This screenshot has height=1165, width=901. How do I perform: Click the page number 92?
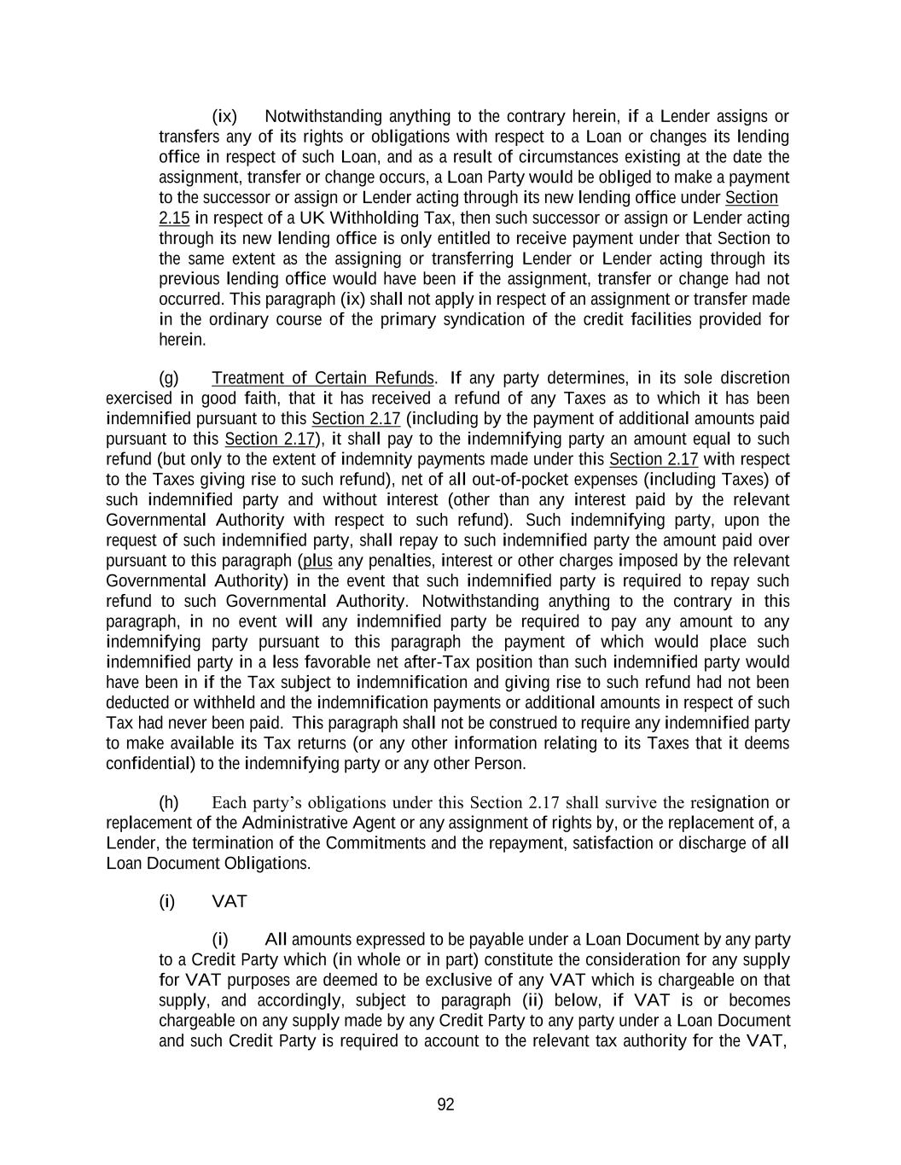445,1105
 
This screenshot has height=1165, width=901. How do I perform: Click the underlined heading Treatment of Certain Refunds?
323,378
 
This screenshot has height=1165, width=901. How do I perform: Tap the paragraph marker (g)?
169,378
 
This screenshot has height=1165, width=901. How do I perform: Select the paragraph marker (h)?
169,802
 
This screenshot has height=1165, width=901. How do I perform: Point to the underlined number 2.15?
174,218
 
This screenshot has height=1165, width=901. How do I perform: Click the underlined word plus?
317,561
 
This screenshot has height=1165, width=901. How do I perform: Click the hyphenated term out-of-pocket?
502,480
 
